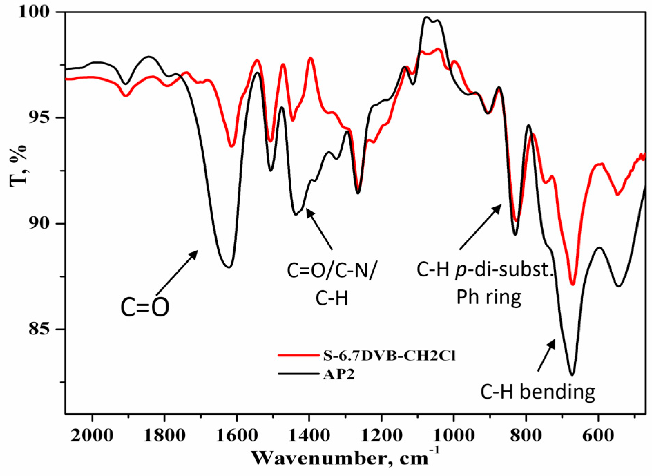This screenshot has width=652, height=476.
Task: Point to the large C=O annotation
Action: [x=145, y=307]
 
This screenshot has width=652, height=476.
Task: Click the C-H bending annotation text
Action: [x=538, y=392]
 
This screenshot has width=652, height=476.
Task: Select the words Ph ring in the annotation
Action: [x=489, y=297]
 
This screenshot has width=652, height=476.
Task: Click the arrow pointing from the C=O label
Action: [x=177, y=273]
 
